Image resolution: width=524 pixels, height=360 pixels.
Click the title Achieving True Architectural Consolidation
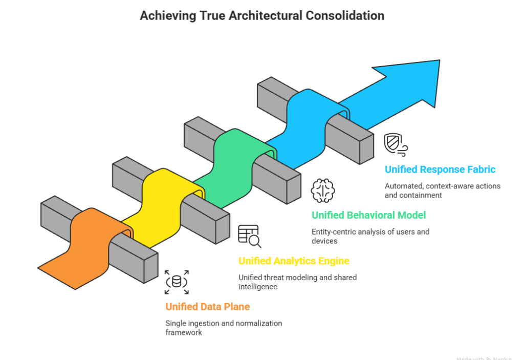click(x=261, y=15)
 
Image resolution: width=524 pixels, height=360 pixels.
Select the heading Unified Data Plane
click(x=207, y=307)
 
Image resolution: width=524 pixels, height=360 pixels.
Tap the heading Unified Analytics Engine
click(x=294, y=261)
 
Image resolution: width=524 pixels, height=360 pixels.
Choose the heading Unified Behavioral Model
click(x=368, y=215)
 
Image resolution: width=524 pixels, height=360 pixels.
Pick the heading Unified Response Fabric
click(x=440, y=170)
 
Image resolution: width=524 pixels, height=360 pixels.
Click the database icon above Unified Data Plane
click(x=177, y=282)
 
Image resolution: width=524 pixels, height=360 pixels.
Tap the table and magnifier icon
click(x=250, y=236)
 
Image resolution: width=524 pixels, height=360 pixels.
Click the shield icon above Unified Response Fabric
click(x=396, y=144)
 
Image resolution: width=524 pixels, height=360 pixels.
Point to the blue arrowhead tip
click(x=439, y=61)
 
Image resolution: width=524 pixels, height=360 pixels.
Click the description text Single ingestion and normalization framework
click(x=223, y=328)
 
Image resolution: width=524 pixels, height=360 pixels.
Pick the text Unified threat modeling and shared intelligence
click(x=297, y=282)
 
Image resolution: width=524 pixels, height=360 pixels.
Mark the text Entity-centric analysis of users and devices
click(x=370, y=236)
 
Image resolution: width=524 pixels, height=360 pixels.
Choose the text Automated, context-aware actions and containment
click(x=442, y=190)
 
